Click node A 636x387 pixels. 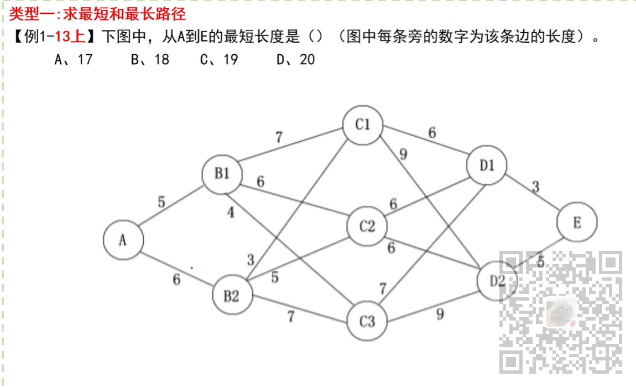123,240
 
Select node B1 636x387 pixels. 222,174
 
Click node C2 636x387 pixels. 367,226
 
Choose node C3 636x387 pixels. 367,321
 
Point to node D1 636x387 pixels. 487,165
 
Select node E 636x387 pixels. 577,223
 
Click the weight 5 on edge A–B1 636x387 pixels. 161,202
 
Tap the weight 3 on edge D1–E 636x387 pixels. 535,187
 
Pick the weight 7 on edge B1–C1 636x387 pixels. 279,137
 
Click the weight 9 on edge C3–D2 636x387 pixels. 440,314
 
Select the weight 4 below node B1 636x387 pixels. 231,212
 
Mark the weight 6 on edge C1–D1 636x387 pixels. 432,133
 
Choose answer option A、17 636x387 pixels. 74,59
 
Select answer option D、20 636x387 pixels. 295,59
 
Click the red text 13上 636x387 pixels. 70,37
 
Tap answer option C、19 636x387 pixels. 219,59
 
